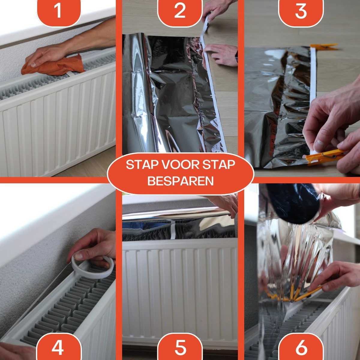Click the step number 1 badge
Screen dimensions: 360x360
click(x=58, y=10)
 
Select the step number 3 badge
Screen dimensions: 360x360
click(x=301, y=10)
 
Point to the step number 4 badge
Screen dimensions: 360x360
click(x=58, y=348)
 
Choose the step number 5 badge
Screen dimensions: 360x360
click(x=180, y=348)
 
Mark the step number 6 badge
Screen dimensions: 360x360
click(x=301, y=348)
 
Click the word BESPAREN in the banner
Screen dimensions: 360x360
click(x=180, y=181)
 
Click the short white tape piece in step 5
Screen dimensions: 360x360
click(x=173, y=230)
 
